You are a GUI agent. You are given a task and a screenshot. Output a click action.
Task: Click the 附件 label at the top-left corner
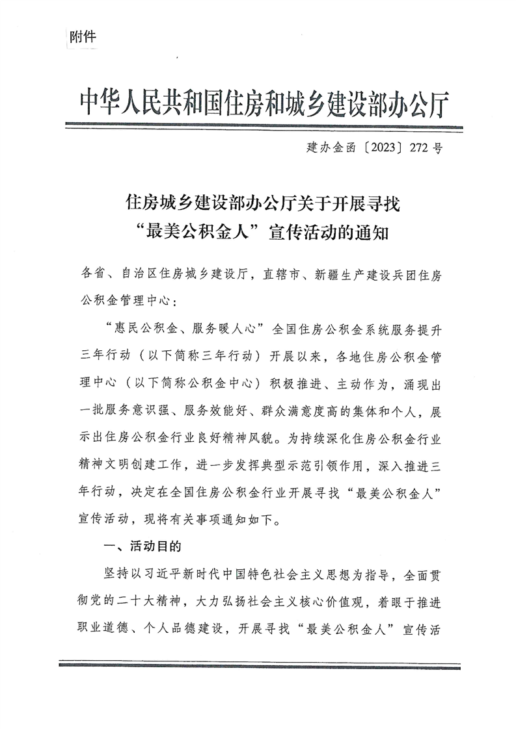(81, 36)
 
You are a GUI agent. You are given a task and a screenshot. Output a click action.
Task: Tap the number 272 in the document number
(420, 148)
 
